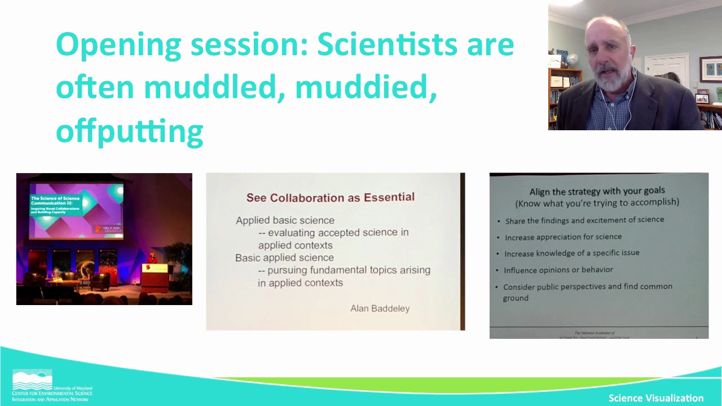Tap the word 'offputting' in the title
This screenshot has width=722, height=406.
point(129,131)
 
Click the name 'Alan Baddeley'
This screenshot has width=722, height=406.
point(380,308)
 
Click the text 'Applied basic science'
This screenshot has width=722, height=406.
point(285,220)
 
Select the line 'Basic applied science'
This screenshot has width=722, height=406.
point(284,258)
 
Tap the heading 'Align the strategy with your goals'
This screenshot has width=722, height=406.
point(597,191)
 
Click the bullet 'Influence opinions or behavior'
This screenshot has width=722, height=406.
point(558,270)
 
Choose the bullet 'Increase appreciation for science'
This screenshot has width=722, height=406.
point(563,237)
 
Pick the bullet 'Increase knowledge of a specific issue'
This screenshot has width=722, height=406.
point(571,253)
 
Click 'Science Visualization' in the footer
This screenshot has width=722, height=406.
point(655,398)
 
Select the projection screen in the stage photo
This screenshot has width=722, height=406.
point(76,209)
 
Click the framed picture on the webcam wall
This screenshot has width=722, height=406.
point(710,69)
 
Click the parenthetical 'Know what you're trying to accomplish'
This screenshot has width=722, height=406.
point(597,202)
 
